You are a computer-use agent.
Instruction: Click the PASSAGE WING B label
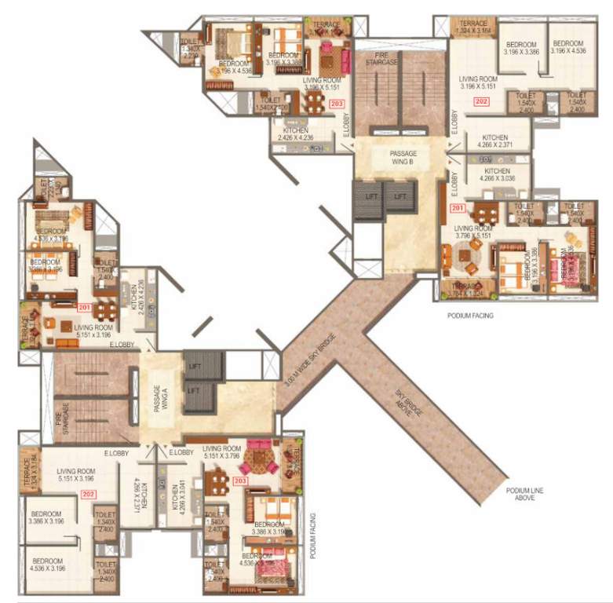[403, 157]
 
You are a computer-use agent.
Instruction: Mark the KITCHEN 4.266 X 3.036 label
[497, 174]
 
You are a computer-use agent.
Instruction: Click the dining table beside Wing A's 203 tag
[217, 480]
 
